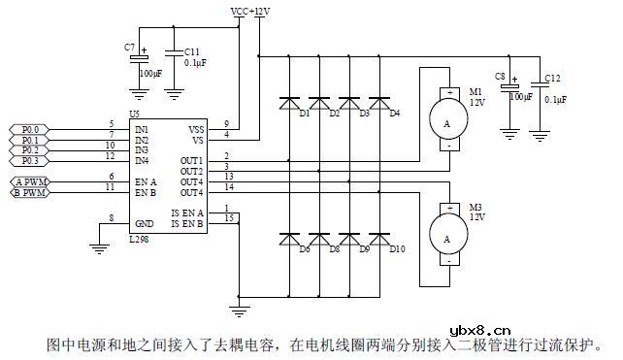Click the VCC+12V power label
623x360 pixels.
click(x=250, y=11)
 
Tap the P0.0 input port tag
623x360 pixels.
click(x=31, y=128)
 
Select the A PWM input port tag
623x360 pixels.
click(x=31, y=181)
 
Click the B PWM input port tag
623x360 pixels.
click(x=31, y=192)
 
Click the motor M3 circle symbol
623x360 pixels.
click(x=446, y=236)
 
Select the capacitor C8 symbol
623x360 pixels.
click(x=508, y=87)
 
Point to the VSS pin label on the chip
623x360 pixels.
click(x=195, y=128)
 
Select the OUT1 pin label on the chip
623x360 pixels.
click(x=191, y=160)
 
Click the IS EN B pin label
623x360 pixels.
click(x=187, y=223)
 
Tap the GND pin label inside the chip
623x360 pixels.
click(x=144, y=223)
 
